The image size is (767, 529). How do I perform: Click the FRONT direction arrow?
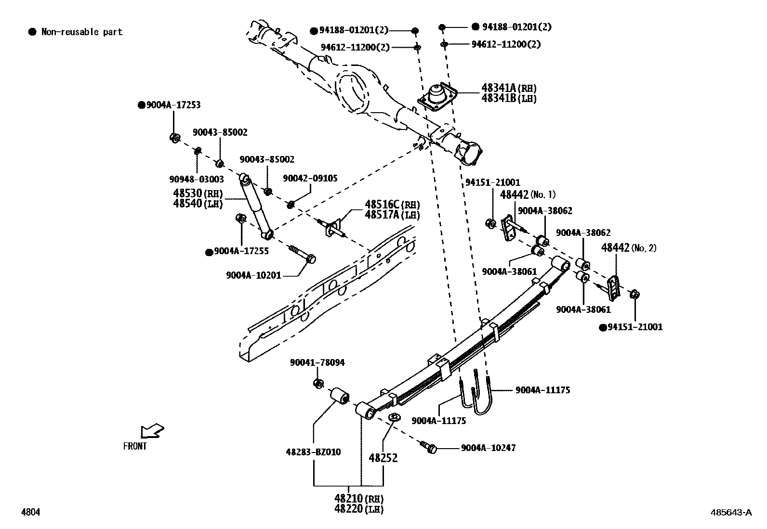152,431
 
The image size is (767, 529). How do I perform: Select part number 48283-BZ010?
313,452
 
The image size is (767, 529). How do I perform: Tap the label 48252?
383,458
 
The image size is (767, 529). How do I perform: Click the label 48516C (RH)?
392,204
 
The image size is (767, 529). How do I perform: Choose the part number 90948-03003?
196,179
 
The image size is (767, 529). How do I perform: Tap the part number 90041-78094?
317,362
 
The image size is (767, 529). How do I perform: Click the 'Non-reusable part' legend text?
81,32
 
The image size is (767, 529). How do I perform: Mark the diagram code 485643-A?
730,512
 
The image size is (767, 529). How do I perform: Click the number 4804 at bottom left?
30,513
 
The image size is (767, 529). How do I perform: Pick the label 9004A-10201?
253,275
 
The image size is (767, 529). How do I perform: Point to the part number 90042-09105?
310,178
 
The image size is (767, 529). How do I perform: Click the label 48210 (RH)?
359,498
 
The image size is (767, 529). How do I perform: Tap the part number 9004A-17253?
173,105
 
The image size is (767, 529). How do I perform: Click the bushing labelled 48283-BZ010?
340,397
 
